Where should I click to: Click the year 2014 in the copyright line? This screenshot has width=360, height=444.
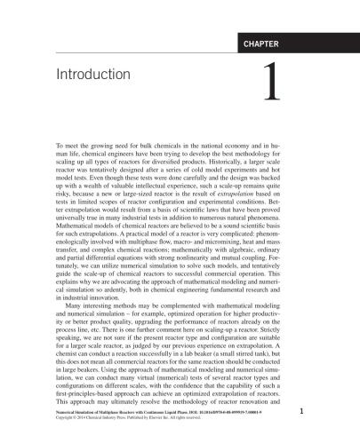pyautogui.click(x=82, y=416)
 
